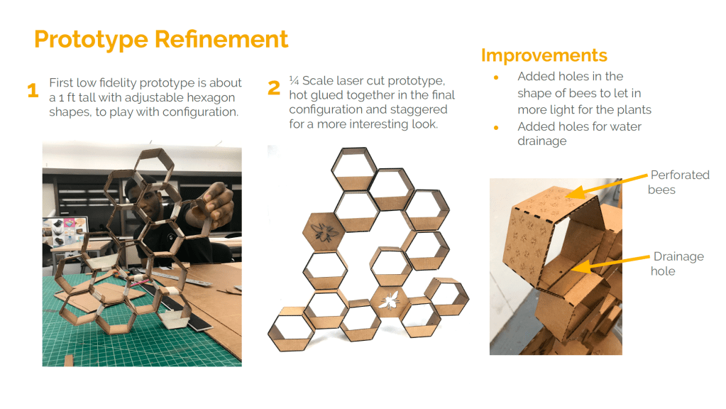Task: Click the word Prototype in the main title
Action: (x=91, y=40)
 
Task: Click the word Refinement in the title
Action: (x=221, y=39)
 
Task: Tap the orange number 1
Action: (x=33, y=90)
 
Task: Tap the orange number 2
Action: (x=274, y=87)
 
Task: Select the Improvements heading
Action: (x=544, y=55)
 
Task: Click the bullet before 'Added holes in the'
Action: (x=496, y=77)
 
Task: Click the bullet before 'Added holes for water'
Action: (x=496, y=127)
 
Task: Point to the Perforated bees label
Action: (x=678, y=182)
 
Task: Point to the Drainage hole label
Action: (x=677, y=263)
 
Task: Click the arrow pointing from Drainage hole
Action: (x=610, y=263)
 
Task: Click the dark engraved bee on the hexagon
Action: (x=324, y=231)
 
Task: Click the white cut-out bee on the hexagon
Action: (x=389, y=300)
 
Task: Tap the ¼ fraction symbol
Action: (x=294, y=81)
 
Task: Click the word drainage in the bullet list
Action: (x=541, y=141)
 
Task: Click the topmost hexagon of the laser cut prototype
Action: (x=354, y=168)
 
